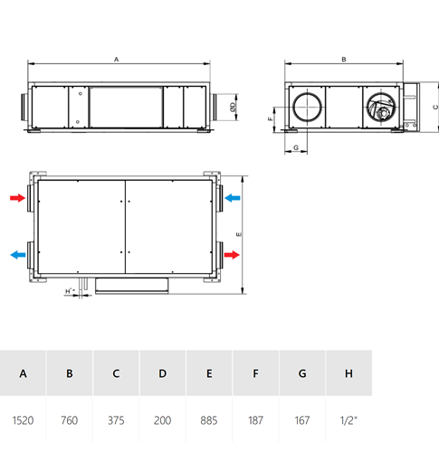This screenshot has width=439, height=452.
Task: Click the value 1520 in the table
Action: (23, 420)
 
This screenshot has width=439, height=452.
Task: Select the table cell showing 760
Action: (70, 420)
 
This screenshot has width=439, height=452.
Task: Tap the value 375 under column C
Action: (116, 420)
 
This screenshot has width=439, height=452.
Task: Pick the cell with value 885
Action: (209, 420)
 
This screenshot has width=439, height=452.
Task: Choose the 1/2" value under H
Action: (348, 420)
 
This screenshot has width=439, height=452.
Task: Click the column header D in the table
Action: (162, 373)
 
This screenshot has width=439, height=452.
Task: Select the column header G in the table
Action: (302, 373)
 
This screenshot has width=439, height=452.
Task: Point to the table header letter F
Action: (255, 373)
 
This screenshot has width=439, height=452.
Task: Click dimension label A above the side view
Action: (116, 60)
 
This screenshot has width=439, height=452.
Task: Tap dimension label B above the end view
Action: (344, 60)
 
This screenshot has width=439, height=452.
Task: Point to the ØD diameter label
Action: (233, 107)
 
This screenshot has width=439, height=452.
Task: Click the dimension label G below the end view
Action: (296, 147)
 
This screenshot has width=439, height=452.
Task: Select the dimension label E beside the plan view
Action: (239, 234)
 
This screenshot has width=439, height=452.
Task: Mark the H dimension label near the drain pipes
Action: (70, 291)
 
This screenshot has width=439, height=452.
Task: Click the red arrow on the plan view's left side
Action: (17, 198)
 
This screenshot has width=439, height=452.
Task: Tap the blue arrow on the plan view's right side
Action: (233, 198)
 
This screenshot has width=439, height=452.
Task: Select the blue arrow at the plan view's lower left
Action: (18, 255)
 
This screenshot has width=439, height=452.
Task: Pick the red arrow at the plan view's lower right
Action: (232, 255)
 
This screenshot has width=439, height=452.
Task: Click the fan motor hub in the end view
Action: (384, 114)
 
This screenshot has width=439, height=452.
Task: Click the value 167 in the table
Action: (302, 420)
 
